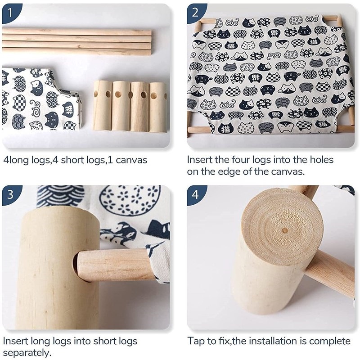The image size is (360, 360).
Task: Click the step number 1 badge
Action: (10, 13)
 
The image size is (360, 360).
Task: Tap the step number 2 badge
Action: (195, 13)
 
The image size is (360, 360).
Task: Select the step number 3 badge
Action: (10, 194)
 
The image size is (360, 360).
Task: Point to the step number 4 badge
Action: (195, 194)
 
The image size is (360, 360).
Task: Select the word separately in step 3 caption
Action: (27, 353)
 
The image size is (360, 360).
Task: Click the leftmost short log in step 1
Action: (102, 106)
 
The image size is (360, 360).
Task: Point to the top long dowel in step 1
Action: (76, 31)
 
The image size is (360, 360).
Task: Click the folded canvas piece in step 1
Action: (41, 99)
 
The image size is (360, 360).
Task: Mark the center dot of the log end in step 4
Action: (285, 230)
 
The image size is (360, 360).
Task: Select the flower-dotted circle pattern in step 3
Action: (130, 200)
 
